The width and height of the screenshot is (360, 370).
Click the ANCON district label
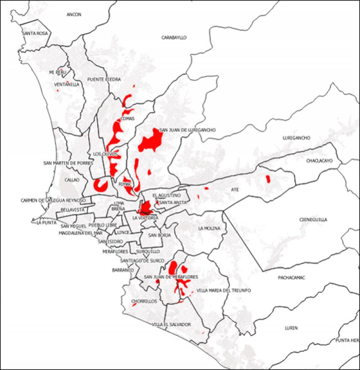tap(74, 14)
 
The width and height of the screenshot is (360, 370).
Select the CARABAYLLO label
tap(174, 38)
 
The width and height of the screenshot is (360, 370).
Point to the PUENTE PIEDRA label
tap(104, 79)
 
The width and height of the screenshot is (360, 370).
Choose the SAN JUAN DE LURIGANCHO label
tap(188, 130)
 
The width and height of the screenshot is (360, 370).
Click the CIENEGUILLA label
tap(313, 220)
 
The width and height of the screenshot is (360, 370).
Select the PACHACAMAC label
tap(288, 278)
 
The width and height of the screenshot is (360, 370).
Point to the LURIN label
tap(291, 328)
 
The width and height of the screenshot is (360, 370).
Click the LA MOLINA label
tap(209, 228)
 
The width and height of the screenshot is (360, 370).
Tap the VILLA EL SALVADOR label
tap(171, 325)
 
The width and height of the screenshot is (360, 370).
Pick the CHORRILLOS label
tap(144, 302)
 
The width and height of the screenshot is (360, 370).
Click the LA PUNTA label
tap(45, 222)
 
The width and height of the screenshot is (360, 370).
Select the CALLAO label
tap(72, 180)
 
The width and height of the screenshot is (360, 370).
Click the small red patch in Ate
tap(268, 179)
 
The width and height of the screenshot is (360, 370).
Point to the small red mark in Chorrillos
tap(134, 305)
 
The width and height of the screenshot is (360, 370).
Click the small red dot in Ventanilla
tap(57, 90)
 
